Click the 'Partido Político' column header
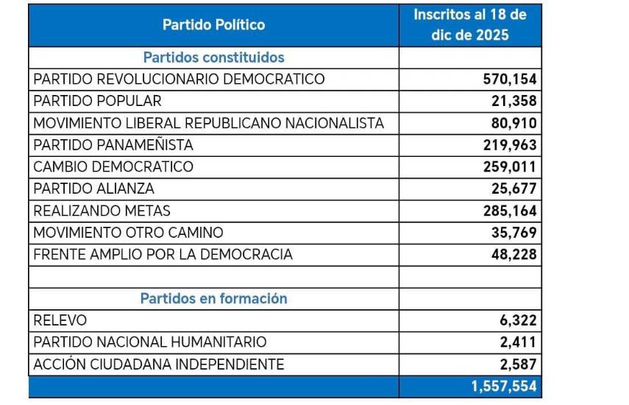[x=213, y=25]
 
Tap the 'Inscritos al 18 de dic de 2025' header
[x=471, y=25]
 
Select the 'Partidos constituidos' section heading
[x=213, y=57]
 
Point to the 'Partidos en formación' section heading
[x=213, y=299]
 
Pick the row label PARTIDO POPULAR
[x=97, y=101]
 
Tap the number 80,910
[x=514, y=123]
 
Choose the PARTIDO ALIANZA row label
[x=94, y=189]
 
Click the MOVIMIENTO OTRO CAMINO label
[x=129, y=233]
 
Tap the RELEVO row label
[x=60, y=320]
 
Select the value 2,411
[x=519, y=342]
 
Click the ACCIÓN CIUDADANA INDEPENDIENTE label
[x=159, y=364]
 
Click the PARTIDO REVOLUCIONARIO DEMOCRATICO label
[x=179, y=80]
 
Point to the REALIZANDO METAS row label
[x=102, y=211]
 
